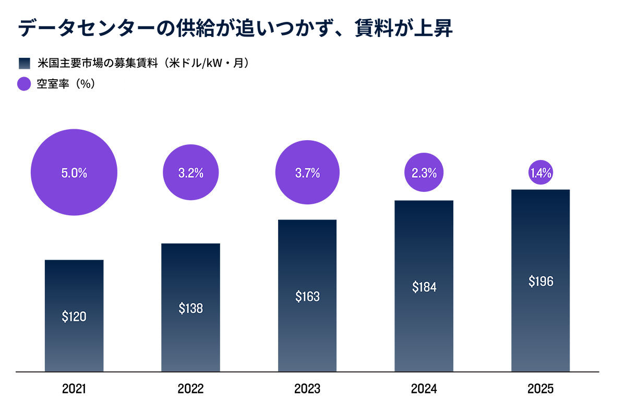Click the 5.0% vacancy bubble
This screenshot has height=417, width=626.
74,173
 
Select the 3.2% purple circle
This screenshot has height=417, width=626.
191,173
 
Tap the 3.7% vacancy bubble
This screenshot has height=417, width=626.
307,173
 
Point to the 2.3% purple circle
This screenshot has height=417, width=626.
424,173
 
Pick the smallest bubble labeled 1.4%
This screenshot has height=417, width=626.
541,173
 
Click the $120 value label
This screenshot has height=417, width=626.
74,316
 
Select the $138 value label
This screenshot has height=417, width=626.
191,309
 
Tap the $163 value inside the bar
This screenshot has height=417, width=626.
307,297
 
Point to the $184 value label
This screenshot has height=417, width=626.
424,287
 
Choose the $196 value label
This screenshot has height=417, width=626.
541,281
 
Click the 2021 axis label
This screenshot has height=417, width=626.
74,389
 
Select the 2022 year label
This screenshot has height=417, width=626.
190,389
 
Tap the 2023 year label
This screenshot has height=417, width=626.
307,389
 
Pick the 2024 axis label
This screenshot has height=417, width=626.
424,389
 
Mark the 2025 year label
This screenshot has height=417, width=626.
540,389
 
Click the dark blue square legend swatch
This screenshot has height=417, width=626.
25,64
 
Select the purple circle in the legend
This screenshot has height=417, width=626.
24,84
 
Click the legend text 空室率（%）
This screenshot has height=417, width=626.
66,84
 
